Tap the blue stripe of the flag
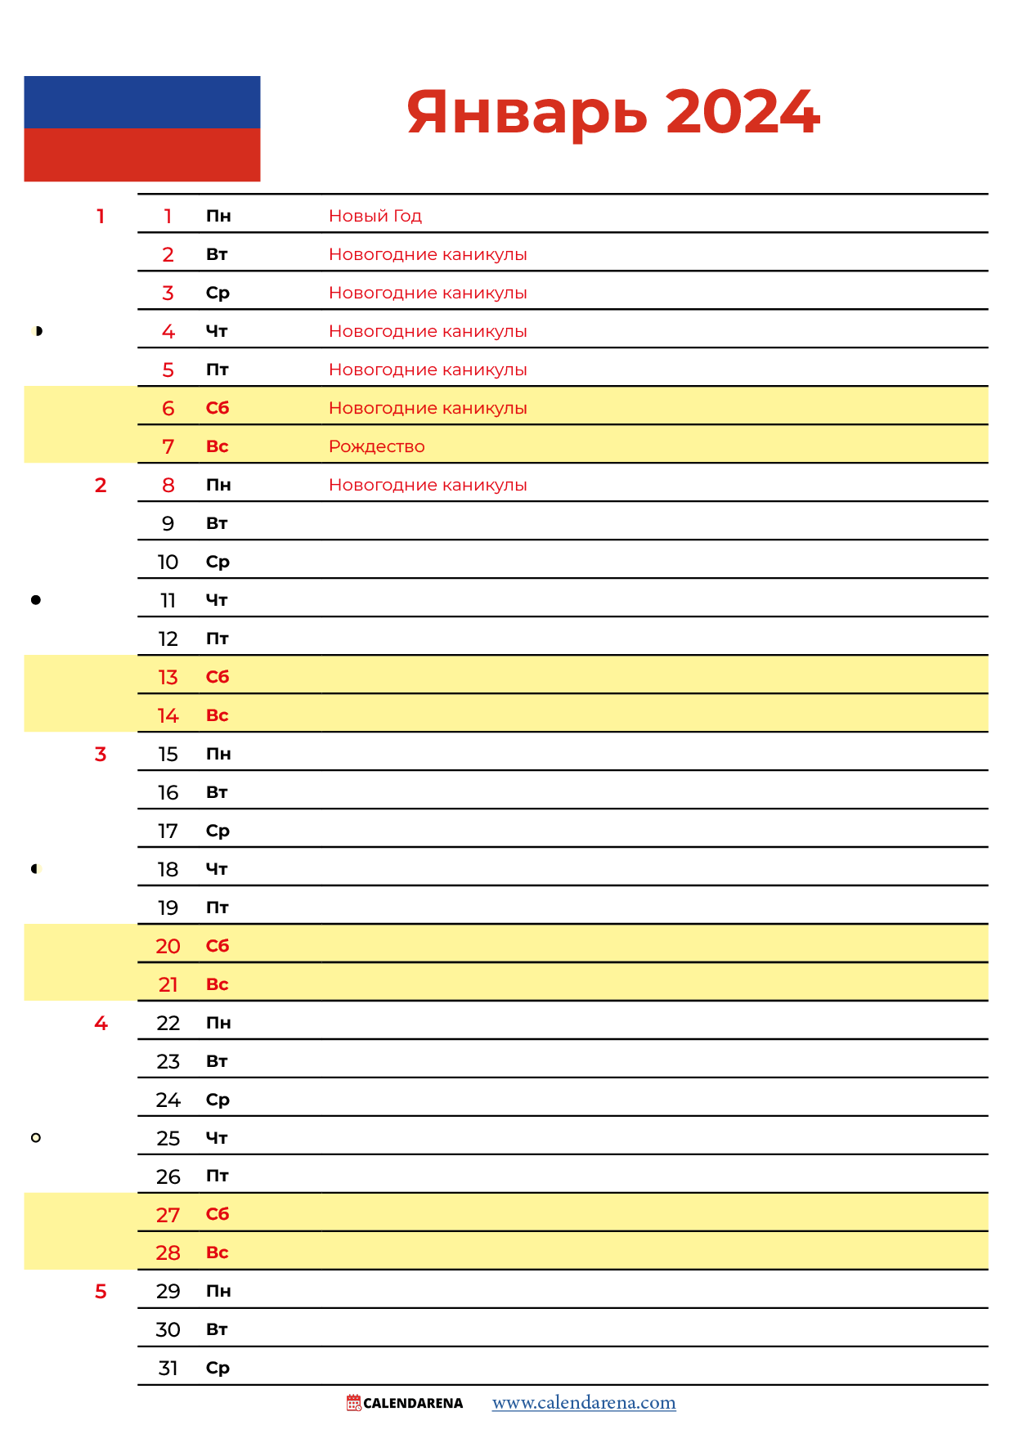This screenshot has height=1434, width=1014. [142, 102]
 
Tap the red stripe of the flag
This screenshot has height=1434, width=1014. [142, 155]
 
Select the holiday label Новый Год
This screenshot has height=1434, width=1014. [375, 216]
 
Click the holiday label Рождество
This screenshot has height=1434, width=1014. [377, 446]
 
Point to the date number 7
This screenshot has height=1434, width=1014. [168, 447]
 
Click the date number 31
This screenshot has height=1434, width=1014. [168, 1369]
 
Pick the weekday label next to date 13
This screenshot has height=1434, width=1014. [218, 677]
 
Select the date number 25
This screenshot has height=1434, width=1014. [168, 1138]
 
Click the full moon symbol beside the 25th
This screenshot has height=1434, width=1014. [36, 1138]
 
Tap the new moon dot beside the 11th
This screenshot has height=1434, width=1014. [36, 600]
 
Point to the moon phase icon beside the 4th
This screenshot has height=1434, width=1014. [37, 331]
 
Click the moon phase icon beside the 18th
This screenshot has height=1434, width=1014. [36, 869]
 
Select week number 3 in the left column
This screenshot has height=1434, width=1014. [101, 754]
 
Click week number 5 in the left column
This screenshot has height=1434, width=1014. [101, 1292]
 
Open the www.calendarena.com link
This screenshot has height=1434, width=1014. [584, 1403]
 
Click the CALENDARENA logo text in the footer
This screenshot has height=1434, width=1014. [412, 1404]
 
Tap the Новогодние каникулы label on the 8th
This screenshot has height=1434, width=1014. [428, 485]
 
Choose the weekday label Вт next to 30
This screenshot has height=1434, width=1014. [217, 1330]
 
